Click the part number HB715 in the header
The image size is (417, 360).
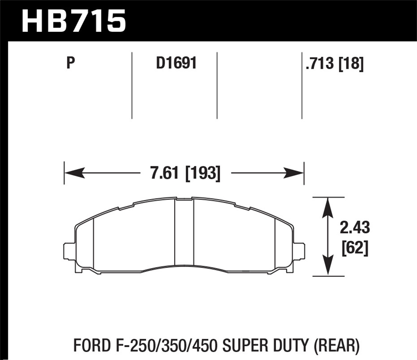pyautogui.click(x=74, y=21)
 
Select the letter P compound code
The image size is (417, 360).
pyautogui.click(x=71, y=63)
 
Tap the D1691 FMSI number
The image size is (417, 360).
pyautogui.click(x=176, y=63)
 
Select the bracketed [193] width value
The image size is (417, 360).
pyautogui.click(x=203, y=173)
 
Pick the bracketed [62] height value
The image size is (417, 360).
pyautogui.click(x=355, y=247)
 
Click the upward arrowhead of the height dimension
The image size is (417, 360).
pyautogui.click(x=328, y=207)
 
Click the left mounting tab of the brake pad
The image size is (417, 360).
pyautogui.click(x=69, y=252)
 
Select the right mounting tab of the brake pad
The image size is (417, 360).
pyautogui.click(x=300, y=252)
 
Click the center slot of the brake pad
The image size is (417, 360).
pyautogui.click(x=184, y=232)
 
